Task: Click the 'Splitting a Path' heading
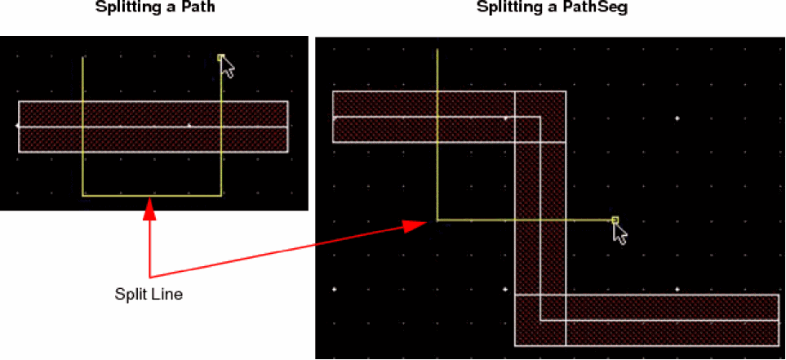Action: [156, 8]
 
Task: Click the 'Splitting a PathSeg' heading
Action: [552, 8]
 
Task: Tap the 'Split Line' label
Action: [149, 295]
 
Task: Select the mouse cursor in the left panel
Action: [228, 67]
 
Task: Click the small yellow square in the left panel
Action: [220, 58]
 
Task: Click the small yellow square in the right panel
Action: [615, 220]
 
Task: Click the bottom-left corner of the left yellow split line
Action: [82, 195]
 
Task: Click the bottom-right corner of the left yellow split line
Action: [221, 195]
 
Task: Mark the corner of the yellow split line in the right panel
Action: [437, 220]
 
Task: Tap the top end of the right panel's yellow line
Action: [437, 49]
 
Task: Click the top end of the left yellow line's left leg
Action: [82, 58]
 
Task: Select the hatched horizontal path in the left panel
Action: [153, 127]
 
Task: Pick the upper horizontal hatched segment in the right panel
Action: [449, 117]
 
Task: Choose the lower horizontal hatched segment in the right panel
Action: [646, 320]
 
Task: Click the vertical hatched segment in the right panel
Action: [540, 219]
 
